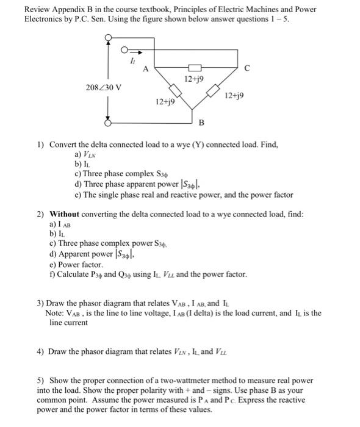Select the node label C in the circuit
[247, 68]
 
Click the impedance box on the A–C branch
[194, 67]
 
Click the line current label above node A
[132, 60]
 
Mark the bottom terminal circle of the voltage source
[109, 123]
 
